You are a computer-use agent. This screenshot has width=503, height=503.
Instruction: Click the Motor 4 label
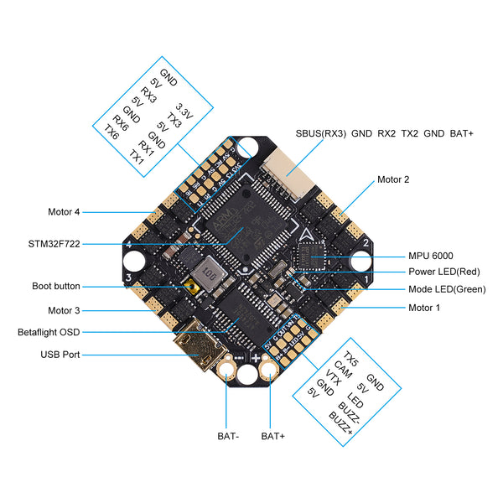tap(65, 212)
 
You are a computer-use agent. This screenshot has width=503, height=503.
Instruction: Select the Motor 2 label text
tap(393, 179)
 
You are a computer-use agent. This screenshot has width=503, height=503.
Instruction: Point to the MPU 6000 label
tap(431, 256)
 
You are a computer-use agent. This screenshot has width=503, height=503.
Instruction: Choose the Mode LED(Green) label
tap(446, 289)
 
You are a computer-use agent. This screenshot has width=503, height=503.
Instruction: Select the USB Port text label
tap(60, 355)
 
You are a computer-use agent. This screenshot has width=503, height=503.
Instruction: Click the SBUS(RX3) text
tap(320, 133)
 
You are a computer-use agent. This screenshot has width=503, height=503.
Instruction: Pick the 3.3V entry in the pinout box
tap(184, 108)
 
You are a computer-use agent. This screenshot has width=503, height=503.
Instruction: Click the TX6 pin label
tap(111, 132)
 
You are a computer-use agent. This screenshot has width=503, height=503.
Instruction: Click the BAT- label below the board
tap(227, 436)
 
